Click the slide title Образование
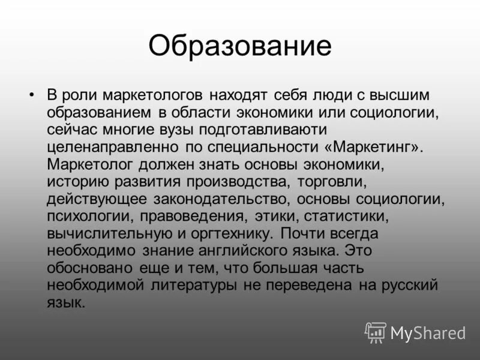click(x=240, y=46)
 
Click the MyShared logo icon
click(x=376, y=332)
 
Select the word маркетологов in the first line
click(x=157, y=95)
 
